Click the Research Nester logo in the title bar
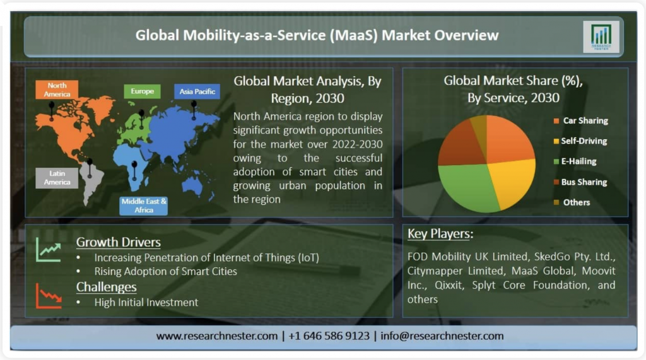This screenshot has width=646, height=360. (x=601, y=37)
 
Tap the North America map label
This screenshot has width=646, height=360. (x=57, y=90)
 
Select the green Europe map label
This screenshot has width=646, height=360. (x=142, y=91)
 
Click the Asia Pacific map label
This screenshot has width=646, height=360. (x=197, y=91)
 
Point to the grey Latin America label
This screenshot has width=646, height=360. (x=57, y=178)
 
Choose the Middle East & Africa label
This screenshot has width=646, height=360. (x=144, y=206)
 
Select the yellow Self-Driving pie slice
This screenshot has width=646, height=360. (x=514, y=180)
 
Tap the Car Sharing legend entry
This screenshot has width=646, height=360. (x=581, y=120)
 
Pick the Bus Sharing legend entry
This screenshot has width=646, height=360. (x=580, y=182)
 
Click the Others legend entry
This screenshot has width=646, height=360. (x=572, y=202)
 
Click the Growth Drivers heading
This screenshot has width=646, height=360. (x=118, y=242)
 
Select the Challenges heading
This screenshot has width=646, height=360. (x=106, y=287)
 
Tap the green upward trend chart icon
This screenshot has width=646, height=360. (x=49, y=250)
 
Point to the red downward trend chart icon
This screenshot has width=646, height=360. (x=49, y=296)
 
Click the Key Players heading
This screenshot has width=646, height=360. (x=440, y=234)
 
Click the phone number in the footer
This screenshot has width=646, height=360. (x=329, y=336)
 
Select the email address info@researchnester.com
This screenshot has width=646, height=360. (x=442, y=336)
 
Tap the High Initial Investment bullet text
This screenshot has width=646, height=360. (x=146, y=303)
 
